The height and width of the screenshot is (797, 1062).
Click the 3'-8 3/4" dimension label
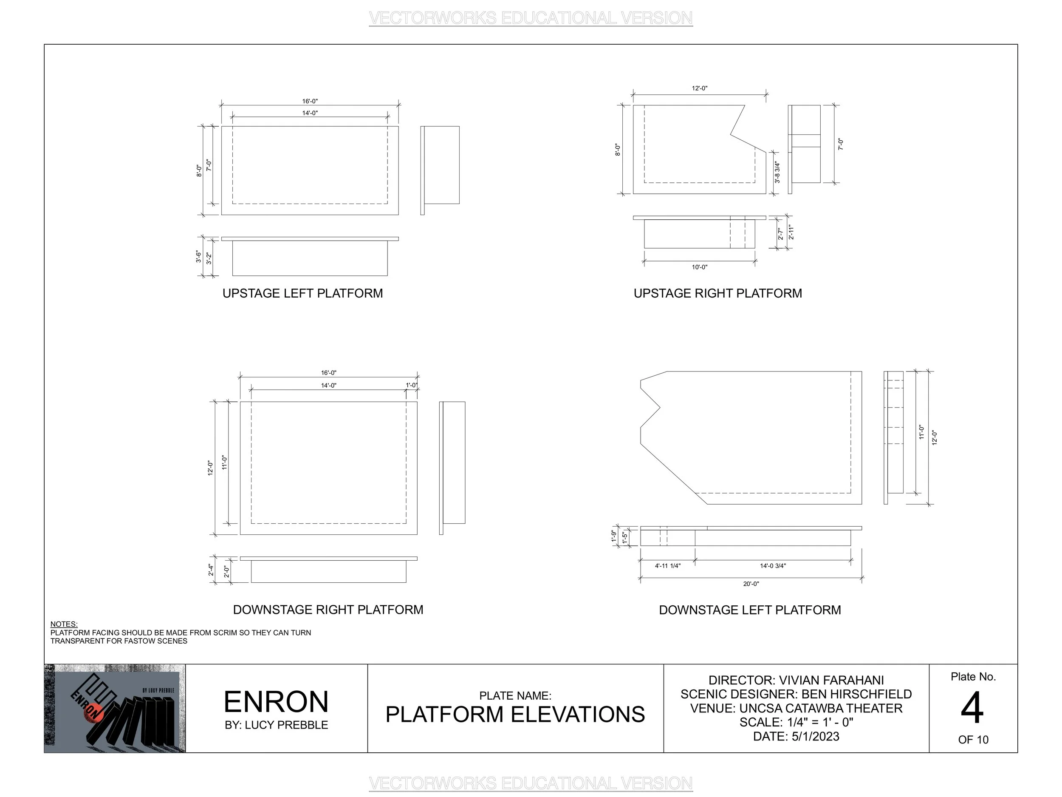click(x=777, y=172)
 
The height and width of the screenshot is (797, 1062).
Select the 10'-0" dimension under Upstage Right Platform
click(x=699, y=267)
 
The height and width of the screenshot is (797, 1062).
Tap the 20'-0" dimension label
click(x=751, y=584)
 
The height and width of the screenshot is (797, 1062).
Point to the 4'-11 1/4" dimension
click(x=667, y=565)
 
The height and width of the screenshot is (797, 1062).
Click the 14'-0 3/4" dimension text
click(x=772, y=565)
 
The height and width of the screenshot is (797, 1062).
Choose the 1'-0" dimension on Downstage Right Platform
click(x=412, y=385)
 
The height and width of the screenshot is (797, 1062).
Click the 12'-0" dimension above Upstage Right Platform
click(x=699, y=88)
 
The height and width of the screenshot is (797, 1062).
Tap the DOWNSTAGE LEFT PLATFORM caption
click(x=750, y=610)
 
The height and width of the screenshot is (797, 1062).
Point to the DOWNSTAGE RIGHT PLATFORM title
click(x=328, y=609)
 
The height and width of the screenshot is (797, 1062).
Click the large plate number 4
click(x=972, y=708)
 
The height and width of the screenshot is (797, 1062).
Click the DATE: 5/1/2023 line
click(x=796, y=737)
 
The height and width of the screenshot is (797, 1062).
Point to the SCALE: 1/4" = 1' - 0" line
click(x=796, y=722)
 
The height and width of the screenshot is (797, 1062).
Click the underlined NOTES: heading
click(x=64, y=624)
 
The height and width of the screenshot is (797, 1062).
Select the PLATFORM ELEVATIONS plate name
click(x=515, y=715)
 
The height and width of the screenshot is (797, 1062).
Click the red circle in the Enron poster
click(x=90, y=715)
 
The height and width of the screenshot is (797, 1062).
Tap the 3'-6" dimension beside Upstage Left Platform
click(x=198, y=257)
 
